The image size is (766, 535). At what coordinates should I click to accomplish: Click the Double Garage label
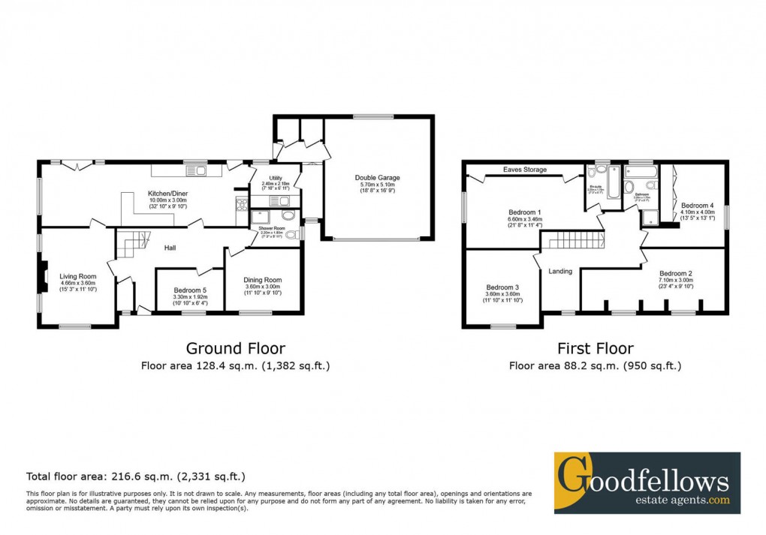pos(377,178)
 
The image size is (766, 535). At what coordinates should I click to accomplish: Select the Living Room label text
pos(78,276)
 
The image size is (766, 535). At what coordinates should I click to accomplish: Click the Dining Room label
pos(262,281)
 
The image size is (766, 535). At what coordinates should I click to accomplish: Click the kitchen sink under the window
pos(201,170)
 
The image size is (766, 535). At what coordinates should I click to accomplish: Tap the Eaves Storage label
pos(525,170)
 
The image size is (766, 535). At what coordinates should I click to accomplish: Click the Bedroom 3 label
pos(502,287)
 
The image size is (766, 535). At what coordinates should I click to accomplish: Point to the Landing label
pos(561,271)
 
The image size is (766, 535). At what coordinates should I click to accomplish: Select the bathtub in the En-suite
pos(614,185)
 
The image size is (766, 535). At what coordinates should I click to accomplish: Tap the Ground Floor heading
pos(235,348)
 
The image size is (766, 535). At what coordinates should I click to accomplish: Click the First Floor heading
pos(595,348)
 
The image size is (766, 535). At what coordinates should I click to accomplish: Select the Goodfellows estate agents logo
pos(647,482)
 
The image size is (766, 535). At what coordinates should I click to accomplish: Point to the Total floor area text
pos(135,476)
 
